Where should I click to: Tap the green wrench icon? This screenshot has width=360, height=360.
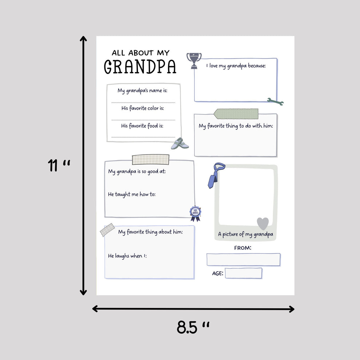pyautogui.click(x=275, y=101)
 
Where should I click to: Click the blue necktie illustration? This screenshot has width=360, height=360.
pyautogui.click(x=216, y=175)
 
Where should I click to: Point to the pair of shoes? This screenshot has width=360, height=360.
pyautogui.click(x=180, y=144)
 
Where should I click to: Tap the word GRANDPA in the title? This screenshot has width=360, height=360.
pyautogui.click(x=140, y=67)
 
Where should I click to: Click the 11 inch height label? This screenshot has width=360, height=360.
pyautogui.click(x=59, y=165)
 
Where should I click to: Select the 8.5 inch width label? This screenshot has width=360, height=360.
pyautogui.click(x=193, y=327)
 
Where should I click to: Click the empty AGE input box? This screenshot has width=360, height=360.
pyautogui.click(x=243, y=273)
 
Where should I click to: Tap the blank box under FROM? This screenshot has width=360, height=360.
pyautogui.click(x=243, y=259)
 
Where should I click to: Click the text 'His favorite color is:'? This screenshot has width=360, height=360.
pyautogui.click(x=143, y=108)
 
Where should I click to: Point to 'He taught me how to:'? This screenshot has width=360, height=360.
pyautogui.click(x=132, y=195)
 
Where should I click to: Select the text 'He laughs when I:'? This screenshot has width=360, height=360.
pyautogui.click(x=127, y=256)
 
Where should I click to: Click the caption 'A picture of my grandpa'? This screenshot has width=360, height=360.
pyautogui.click(x=245, y=235)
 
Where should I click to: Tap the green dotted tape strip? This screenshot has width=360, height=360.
pyautogui.click(x=236, y=114)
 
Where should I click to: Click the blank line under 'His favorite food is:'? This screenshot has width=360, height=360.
pyautogui.click(x=143, y=137)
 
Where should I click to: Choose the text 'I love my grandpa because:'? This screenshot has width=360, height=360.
pyautogui.click(x=236, y=66)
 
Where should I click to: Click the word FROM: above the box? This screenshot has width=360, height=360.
pyautogui.click(x=243, y=248)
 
